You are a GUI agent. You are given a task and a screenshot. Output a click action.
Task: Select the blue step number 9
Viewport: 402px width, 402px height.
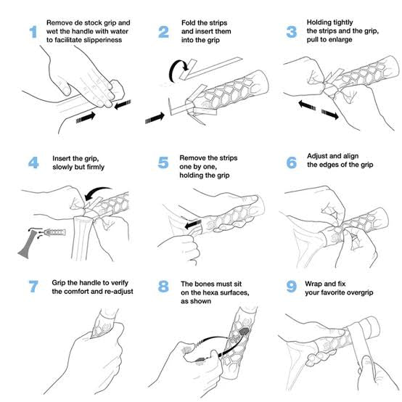pyautogui.click(x=292, y=287)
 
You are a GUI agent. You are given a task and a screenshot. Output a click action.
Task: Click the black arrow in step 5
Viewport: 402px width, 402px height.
pyautogui.click(x=192, y=226)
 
